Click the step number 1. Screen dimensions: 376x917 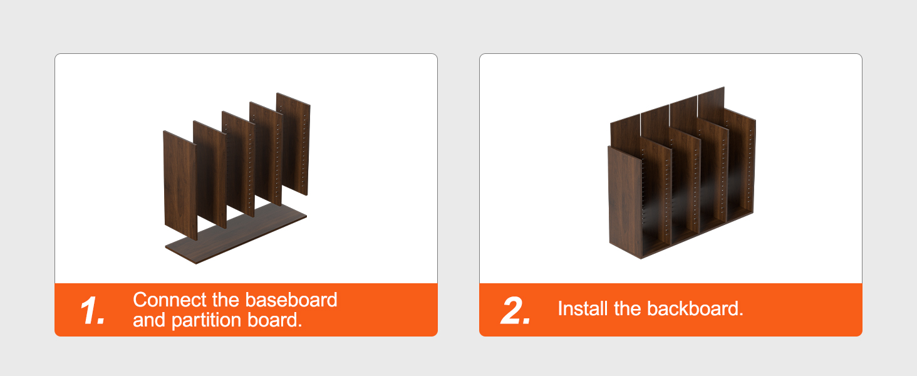92,311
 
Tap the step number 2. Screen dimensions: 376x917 516,311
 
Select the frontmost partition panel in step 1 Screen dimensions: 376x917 180,185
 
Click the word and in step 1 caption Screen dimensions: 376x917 149,320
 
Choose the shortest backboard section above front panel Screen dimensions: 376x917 624,132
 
